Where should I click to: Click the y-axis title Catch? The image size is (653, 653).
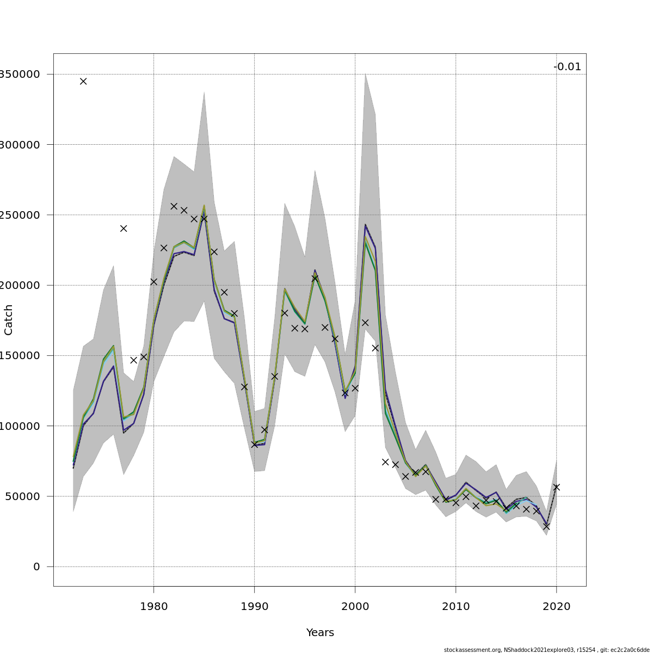(9, 320)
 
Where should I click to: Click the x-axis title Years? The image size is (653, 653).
(320, 633)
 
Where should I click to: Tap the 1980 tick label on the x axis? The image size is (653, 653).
(153, 606)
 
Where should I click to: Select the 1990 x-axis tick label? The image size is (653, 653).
(254, 606)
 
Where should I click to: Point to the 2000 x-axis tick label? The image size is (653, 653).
(355, 606)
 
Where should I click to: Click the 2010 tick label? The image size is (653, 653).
(455, 606)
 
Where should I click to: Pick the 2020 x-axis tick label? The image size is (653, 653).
(556, 606)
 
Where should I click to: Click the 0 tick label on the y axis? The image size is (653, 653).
(36, 567)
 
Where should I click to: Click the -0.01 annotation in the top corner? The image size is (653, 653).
(567, 67)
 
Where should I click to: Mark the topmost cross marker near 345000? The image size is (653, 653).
(83, 81)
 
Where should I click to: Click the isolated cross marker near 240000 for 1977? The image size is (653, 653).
(124, 229)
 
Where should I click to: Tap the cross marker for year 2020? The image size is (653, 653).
(556, 487)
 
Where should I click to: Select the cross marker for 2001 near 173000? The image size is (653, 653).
(365, 323)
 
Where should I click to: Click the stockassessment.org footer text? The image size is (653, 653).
(546, 650)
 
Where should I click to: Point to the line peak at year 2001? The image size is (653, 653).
(365, 225)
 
